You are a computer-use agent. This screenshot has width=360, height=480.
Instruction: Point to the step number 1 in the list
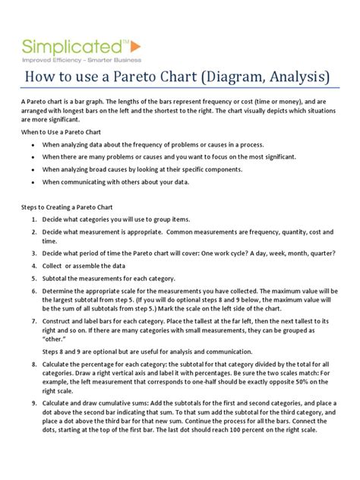[35, 219]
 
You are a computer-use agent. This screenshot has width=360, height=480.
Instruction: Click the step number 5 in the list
[35, 279]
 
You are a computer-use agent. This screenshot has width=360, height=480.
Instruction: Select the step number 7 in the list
[35, 322]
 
